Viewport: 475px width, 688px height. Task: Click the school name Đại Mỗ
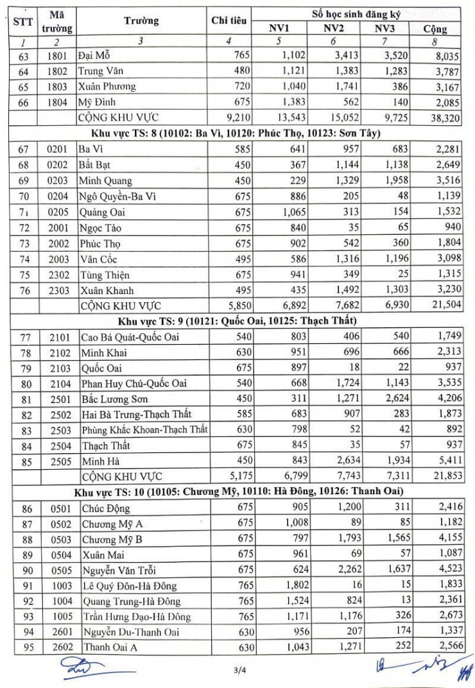[x=94, y=55]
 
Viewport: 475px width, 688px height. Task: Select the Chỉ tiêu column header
[x=229, y=21]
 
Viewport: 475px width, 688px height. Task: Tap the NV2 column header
[x=333, y=28]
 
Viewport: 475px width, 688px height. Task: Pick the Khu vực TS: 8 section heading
[x=237, y=133]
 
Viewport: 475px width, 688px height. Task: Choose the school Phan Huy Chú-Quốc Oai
[x=134, y=384]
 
